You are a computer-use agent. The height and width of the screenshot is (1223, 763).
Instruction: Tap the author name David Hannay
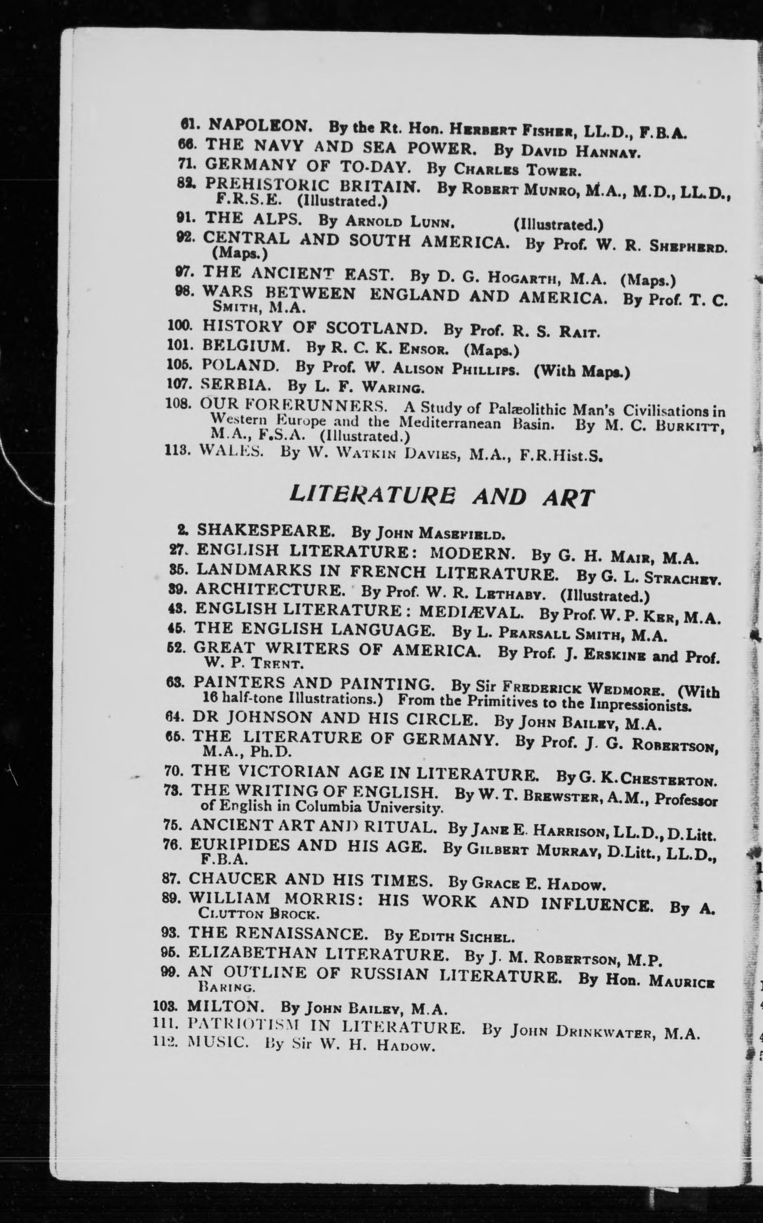click(x=580, y=151)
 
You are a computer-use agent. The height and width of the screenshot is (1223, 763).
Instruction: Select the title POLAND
click(x=240, y=365)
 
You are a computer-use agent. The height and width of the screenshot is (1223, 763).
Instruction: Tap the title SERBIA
click(x=235, y=385)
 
